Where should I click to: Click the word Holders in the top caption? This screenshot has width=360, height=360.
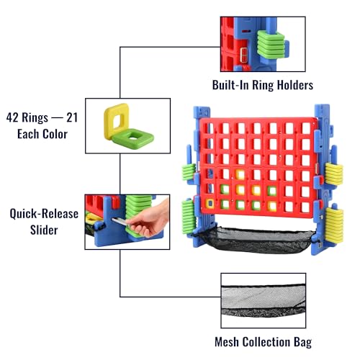295,85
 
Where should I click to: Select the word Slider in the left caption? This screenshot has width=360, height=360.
44,230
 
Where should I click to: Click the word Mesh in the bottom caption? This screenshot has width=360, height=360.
227,342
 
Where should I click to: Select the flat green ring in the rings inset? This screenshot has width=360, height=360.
133,138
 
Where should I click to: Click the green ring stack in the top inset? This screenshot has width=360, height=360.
271,45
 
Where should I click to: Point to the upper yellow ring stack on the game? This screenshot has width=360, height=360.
334,174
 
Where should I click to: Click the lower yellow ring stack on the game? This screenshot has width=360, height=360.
334,225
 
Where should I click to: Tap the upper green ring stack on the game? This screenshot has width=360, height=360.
189,172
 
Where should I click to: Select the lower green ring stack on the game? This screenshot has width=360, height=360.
189,217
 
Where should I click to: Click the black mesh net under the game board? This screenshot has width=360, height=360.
256,239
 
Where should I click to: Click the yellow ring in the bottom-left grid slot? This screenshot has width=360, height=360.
210,204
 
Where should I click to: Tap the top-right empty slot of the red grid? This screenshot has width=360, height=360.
306,128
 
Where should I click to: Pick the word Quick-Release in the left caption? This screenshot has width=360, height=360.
44,214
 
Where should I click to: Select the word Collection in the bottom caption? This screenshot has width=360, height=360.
266,342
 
